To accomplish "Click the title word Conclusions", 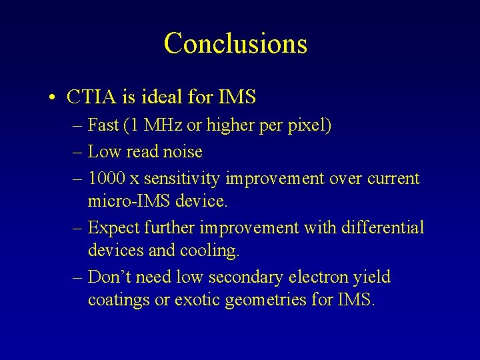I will pos(235,43).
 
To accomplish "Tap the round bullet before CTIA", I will pos(52,98).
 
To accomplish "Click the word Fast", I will pos(103,125).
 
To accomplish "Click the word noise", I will pos(181,152).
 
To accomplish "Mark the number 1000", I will pos(107,179).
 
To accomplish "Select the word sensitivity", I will pos(183,179).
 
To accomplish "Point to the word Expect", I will pos(113,228).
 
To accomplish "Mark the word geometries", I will pos(266,301).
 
